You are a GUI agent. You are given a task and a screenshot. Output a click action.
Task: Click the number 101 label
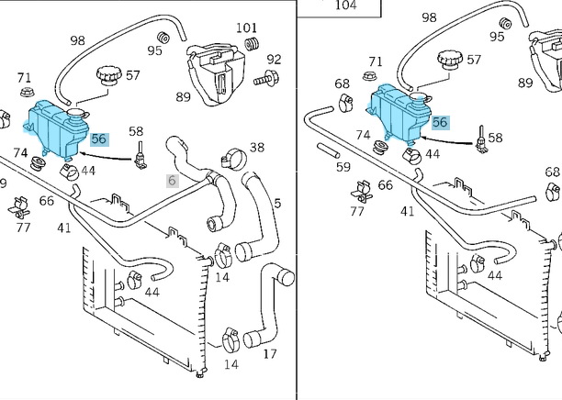[245, 28]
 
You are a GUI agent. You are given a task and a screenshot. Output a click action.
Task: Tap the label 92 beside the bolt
[274, 61]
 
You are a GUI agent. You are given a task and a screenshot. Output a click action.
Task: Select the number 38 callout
[257, 148]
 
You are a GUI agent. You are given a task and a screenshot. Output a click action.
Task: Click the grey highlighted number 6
[171, 182]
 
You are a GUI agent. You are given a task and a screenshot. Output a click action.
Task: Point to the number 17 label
[270, 354]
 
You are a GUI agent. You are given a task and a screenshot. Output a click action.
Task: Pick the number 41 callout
[64, 228]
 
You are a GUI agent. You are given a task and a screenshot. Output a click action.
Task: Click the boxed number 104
[344, 6]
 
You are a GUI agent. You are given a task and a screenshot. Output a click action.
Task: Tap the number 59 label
[343, 167]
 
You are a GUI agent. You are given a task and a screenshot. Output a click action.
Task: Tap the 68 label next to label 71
[342, 84]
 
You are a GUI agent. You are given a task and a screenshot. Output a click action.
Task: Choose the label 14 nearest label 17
[231, 364]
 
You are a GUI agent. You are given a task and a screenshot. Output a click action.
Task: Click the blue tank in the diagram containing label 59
[399, 113]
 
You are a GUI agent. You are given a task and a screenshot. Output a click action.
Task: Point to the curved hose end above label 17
[279, 277]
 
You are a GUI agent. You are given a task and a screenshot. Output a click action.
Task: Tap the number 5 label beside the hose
[277, 203]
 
